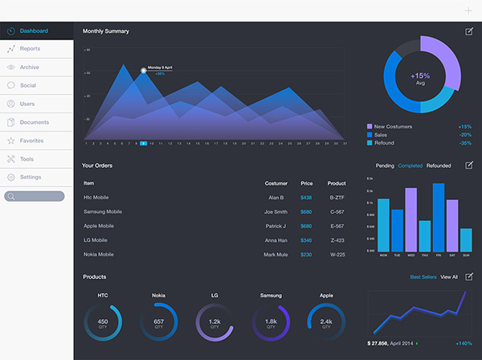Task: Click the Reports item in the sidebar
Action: pyautogui.click(x=31, y=49)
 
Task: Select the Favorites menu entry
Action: pyautogui.click(x=32, y=141)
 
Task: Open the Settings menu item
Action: pyautogui.click(x=31, y=177)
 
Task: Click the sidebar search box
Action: pyautogui.click(x=35, y=196)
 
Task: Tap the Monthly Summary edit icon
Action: pyautogui.click(x=469, y=31)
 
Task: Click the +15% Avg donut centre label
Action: pyautogui.click(x=420, y=77)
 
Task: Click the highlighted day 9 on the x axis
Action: pyautogui.click(x=143, y=143)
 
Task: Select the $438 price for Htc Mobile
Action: pyautogui.click(x=306, y=197)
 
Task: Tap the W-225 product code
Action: pyautogui.click(x=337, y=255)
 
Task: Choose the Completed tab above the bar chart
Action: pyautogui.click(x=410, y=166)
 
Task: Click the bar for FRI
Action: pyautogui.click(x=439, y=217)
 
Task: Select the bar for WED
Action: pyautogui.click(x=411, y=219)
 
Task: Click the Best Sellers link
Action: pyautogui.click(x=423, y=277)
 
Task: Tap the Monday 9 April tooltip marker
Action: pyautogui.click(x=144, y=71)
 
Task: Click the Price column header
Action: pyautogui.click(x=306, y=183)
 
